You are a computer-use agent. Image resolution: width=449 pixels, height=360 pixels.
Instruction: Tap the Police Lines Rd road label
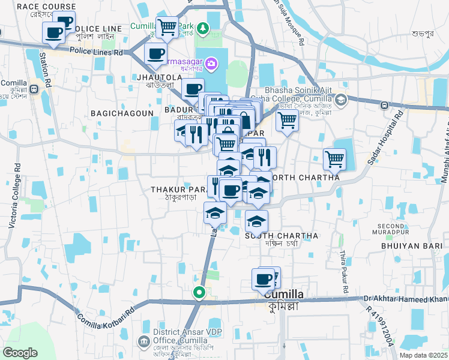(97, 53)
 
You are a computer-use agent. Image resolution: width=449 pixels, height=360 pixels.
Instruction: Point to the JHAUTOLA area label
(159, 78)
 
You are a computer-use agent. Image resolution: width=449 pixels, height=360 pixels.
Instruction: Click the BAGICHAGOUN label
(114, 113)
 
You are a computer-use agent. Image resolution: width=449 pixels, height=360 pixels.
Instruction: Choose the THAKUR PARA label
(178, 190)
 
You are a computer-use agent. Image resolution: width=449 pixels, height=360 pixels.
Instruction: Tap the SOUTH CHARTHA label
(282, 236)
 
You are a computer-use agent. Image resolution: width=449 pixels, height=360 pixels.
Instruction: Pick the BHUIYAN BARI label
(405, 245)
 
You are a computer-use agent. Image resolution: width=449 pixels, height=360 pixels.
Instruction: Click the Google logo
(20, 353)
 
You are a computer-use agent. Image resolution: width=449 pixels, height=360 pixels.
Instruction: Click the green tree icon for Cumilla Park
(203, 28)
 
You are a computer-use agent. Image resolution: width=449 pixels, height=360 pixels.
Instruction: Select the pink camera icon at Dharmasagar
(211, 62)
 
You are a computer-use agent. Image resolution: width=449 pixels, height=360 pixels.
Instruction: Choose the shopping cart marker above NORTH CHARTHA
(334, 159)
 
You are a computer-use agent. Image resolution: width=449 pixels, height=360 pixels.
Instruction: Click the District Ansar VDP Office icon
(144, 342)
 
